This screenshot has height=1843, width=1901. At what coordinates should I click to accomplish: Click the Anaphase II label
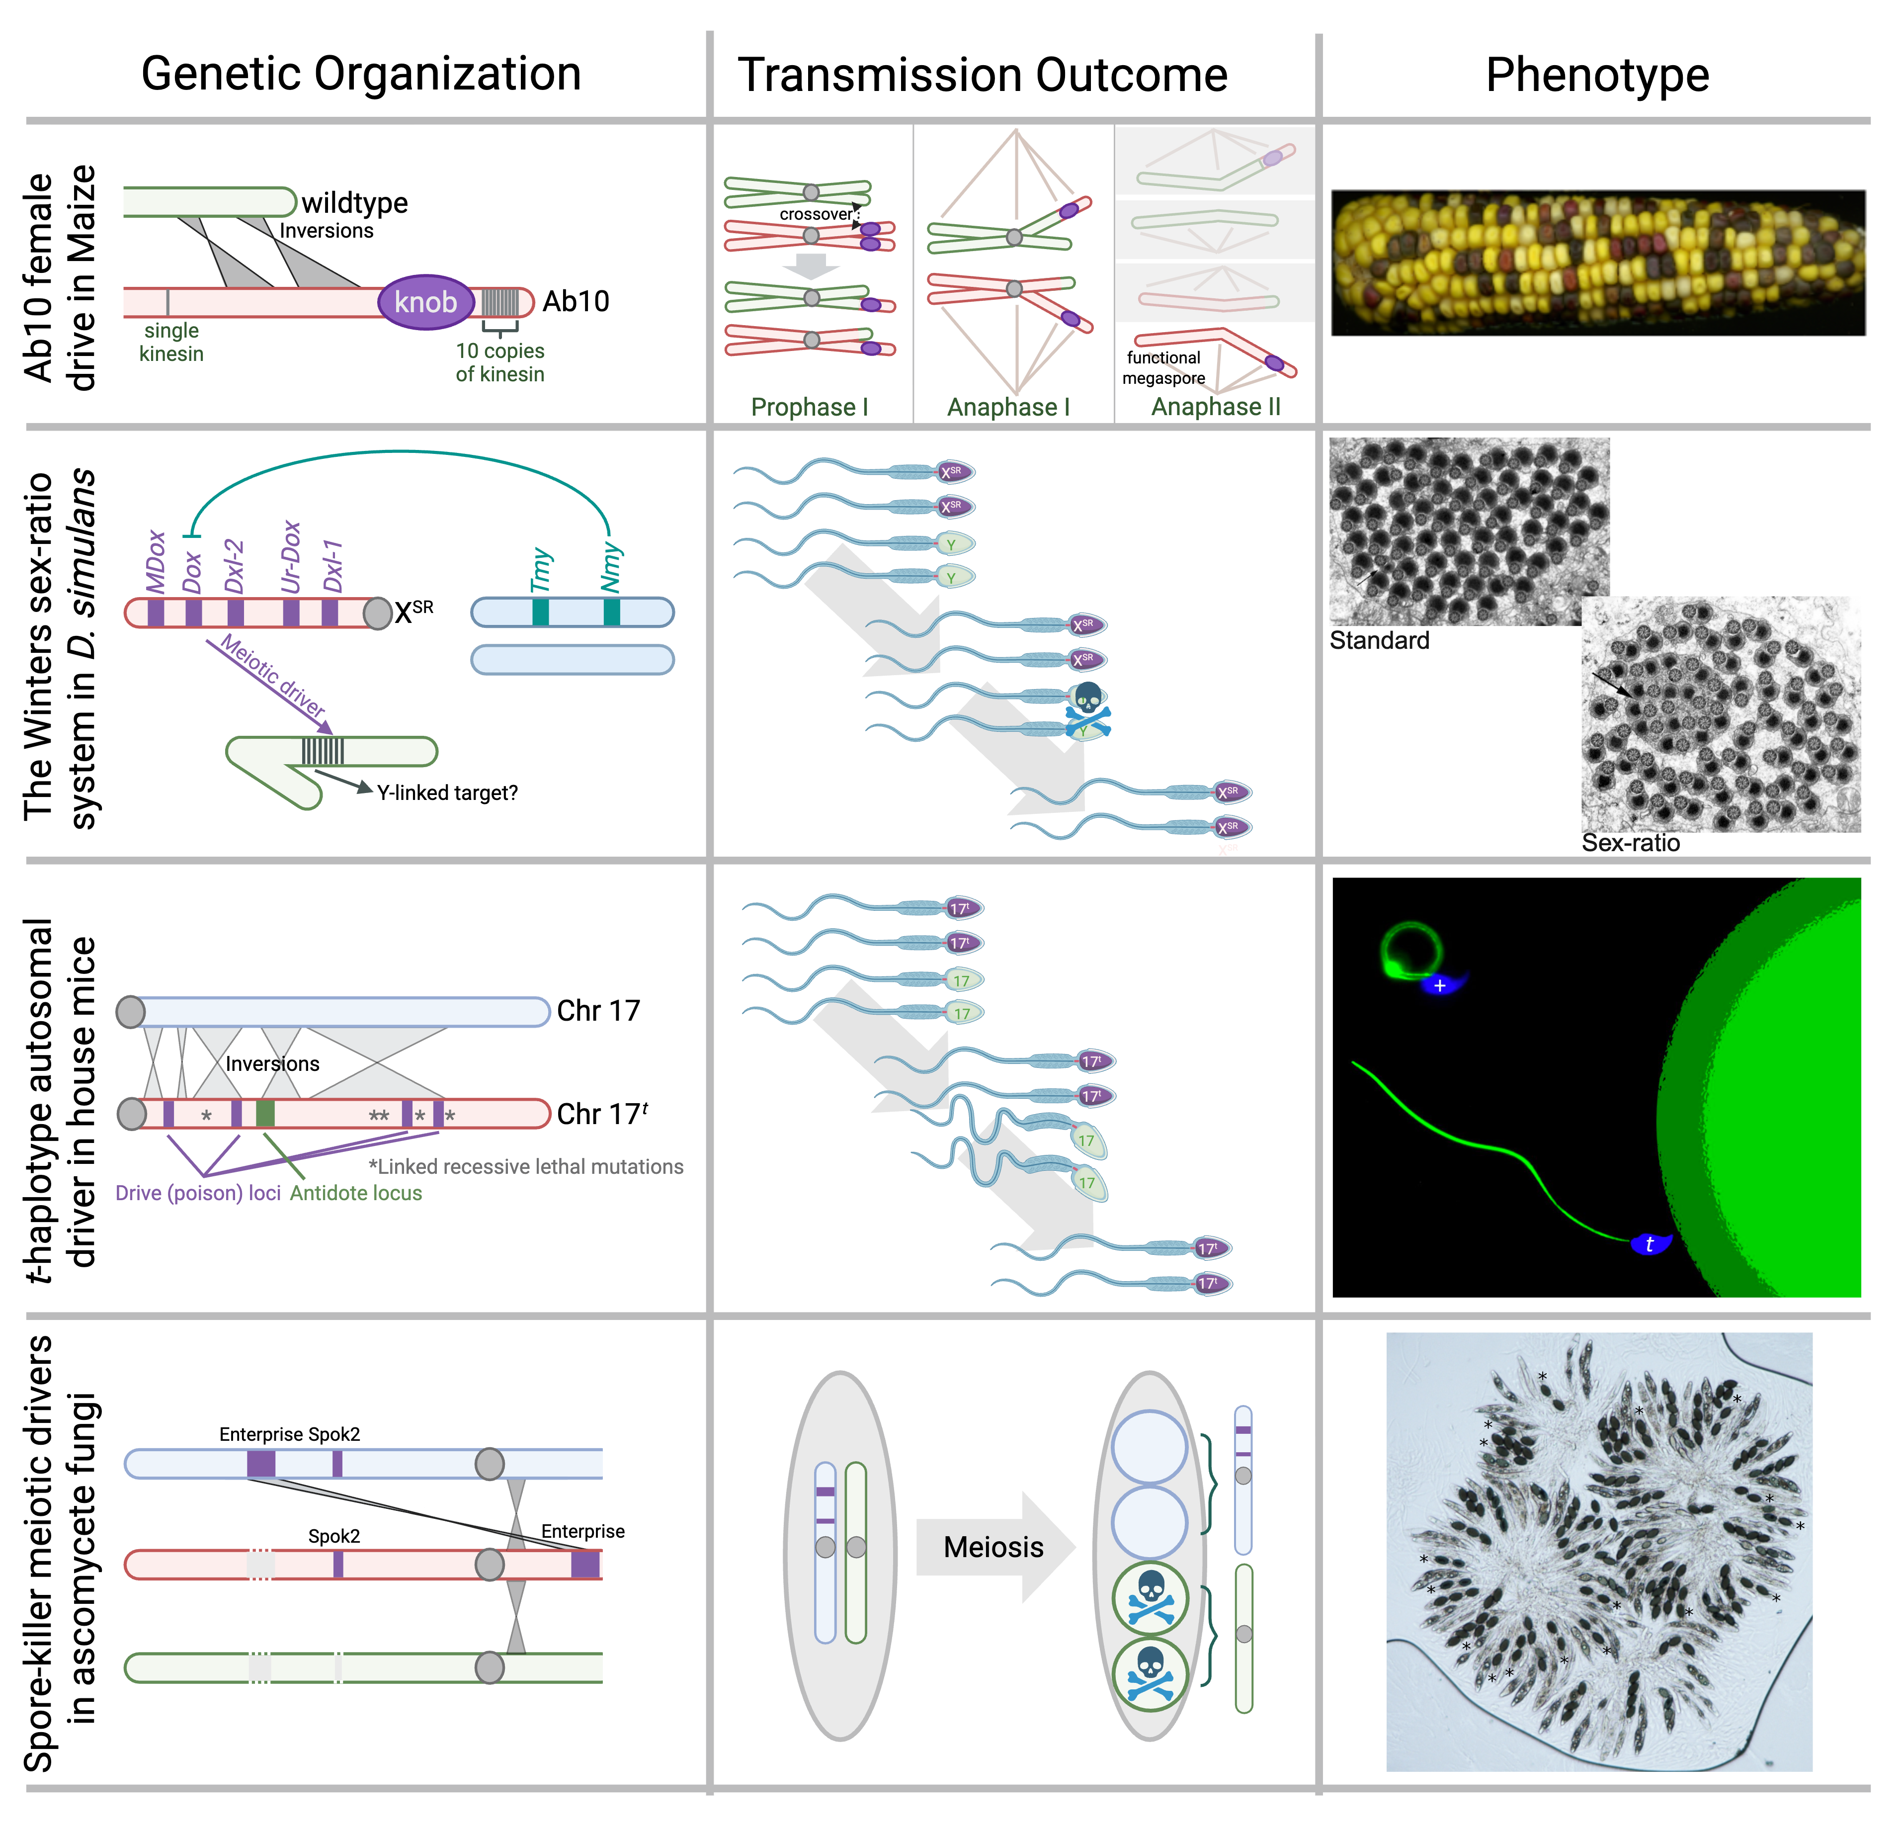coord(1215,406)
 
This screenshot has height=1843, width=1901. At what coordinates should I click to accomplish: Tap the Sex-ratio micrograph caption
coord(1631,842)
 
